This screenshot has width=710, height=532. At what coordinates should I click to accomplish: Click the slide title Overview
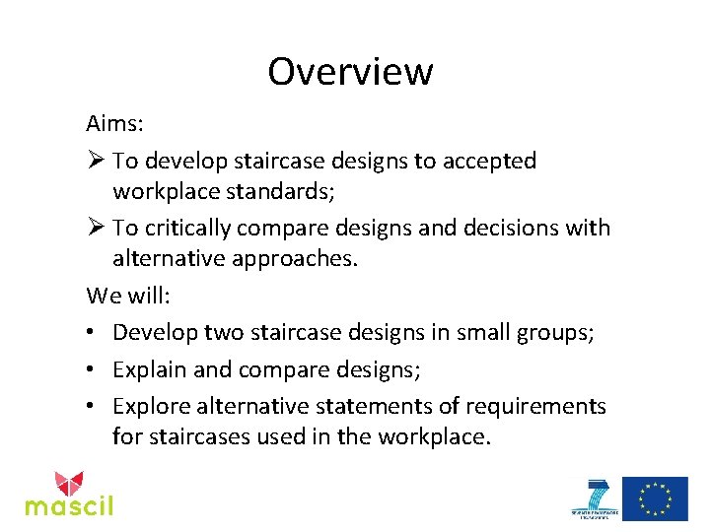pyautogui.click(x=350, y=72)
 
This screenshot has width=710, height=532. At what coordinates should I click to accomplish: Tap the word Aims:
pyautogui.click(x=116, y=125)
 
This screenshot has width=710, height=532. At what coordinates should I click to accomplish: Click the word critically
pyautogui.click(x=187, y=229)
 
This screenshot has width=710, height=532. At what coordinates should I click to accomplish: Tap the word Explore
pyautogui.click(x=153, y=406)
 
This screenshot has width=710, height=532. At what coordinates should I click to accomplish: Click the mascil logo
pyautogui.click(x=69, y=494)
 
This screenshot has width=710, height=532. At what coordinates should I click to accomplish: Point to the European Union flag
pyautogui.click(x=655, y=499)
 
